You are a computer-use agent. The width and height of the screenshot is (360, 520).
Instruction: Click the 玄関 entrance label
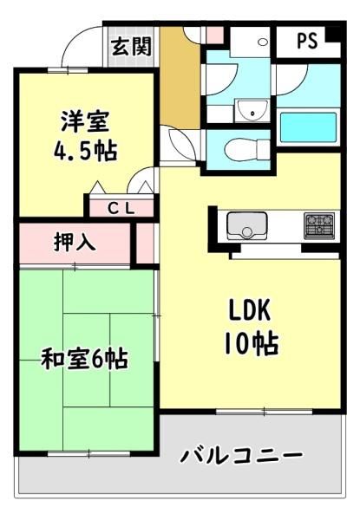131,47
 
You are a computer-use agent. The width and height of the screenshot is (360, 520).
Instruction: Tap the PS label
307,41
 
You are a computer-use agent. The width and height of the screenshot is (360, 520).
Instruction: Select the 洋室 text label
85,121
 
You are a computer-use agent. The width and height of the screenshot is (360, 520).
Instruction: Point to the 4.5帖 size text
85,151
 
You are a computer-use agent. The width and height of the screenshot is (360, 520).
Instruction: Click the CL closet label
121,208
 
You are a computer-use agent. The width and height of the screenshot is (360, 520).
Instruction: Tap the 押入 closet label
75,242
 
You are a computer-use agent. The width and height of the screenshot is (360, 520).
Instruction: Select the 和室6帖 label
85,359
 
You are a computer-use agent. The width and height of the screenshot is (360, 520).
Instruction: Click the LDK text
249,310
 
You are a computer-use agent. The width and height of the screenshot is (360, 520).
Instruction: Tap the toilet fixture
247,150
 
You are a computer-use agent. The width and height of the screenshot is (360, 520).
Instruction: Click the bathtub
308,128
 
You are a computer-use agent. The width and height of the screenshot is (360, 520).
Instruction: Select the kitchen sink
247,225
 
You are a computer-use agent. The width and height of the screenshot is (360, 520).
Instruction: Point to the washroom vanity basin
252,110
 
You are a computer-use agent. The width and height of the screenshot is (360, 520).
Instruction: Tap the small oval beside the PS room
263,42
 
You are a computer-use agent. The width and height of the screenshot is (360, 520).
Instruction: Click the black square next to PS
333,35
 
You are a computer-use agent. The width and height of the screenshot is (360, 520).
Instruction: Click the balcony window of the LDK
264,412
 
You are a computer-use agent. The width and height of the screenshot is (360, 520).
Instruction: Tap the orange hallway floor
180,78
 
